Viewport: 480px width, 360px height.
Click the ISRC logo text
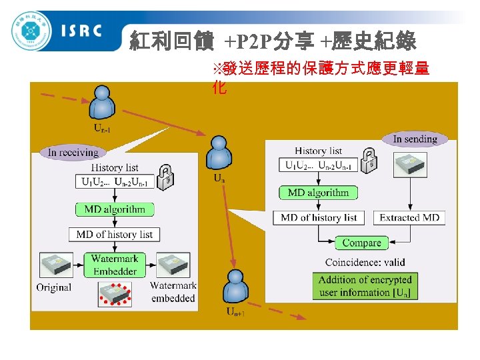pyautogui.click(x=81, y=31)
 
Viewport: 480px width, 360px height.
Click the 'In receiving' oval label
pyautogui.click(x=73, y=152)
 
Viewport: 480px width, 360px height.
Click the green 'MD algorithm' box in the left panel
pyautogui.click(x=115, y=209)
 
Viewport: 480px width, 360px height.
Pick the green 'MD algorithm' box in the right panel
pyautogui.click(x=318, y=193)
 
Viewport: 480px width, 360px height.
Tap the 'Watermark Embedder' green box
pyautogui.click(x=115, y=265)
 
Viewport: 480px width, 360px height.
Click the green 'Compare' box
pyautogui.click(x=361, y=243)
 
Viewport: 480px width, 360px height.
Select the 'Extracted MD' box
pyautogui.click(x=409, y=217)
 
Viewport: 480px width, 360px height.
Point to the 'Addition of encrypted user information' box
pyautogui.click(x=365, y=286)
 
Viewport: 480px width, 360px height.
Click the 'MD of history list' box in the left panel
pyautogui.click(x=115, y=234)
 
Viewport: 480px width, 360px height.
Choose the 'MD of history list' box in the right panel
pyautogui.click(x=319, y=217)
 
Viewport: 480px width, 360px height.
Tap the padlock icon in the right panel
pyautogui.click(x=369, y=159)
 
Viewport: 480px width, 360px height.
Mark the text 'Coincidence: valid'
pyautogui.click(x=365, y=262)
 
